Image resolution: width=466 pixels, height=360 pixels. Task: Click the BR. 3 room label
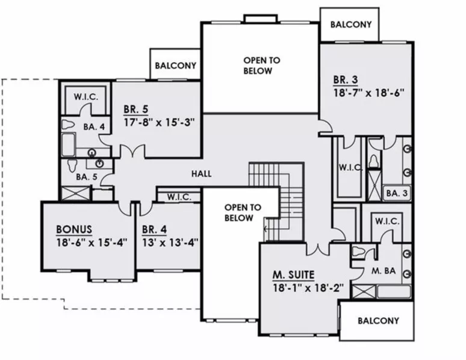coord(346,79)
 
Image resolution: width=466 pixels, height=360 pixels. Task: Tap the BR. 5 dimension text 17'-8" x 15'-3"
coord(159,122)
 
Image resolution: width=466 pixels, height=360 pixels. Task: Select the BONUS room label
coord(74,229)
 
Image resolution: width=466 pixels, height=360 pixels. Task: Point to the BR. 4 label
coord(154,229)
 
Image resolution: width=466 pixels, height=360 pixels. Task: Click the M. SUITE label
coord(293,275)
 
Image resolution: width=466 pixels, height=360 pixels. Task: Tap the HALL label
coord(202,174)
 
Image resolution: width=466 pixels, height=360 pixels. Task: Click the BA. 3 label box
coord(397,193)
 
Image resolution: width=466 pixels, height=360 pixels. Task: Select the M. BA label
coord(384,271)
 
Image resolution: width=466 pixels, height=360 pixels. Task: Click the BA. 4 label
coord(94,127)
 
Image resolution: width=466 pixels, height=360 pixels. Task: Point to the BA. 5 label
coord(87,177)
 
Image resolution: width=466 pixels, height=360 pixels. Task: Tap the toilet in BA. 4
coord(68,125)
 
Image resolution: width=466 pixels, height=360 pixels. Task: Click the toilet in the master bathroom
coord(358,252)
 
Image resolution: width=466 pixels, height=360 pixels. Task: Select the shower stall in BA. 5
coord(75,193)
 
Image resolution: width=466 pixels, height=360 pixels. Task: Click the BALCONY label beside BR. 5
coord(176,66)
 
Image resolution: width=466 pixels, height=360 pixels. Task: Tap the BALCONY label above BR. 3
coord(351,24)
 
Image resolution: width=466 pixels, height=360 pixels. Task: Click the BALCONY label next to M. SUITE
coord(378,321)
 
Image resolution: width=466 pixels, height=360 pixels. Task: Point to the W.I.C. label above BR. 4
coord(179,197)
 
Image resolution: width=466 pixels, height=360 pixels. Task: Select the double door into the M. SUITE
coord(318,250)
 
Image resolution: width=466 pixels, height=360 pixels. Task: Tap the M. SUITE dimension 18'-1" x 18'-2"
coord(308,288)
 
